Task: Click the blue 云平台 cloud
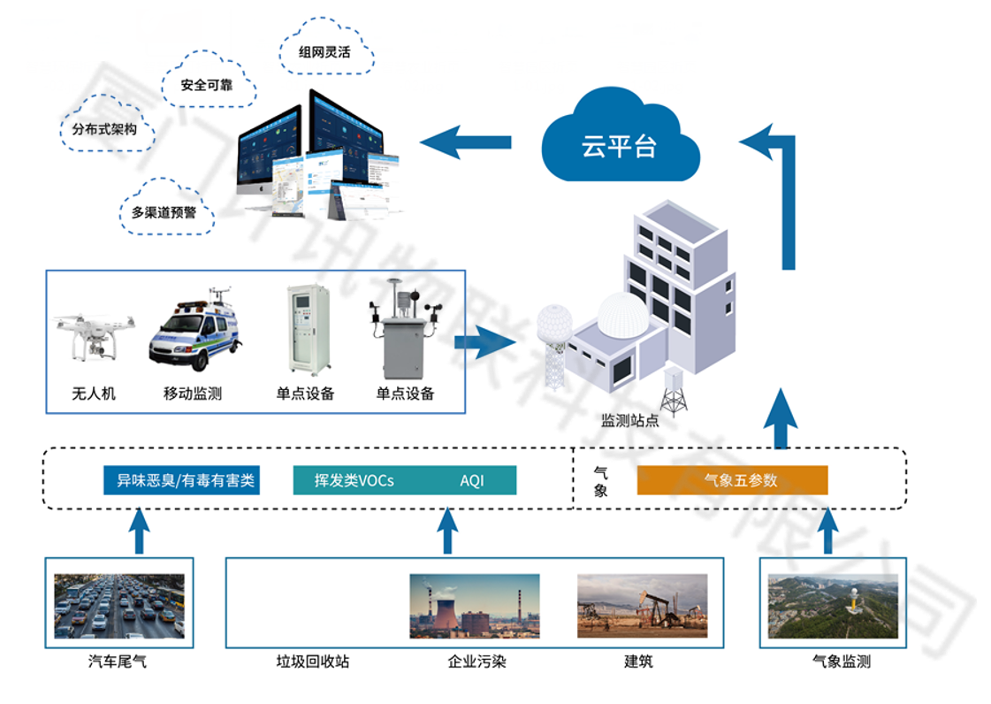tap(619, 142)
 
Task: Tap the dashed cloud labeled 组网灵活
tap(324, 51)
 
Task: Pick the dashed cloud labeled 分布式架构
tap(104, 129)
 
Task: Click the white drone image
tap(93, 333)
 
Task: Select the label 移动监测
tap(193, 394)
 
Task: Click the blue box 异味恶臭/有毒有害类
tap(181, 480)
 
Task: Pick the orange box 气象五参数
tap(732, 480)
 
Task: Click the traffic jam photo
tap(119, 606)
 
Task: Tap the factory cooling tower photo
tap(474, 606)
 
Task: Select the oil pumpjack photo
tap(642, 606)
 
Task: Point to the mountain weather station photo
tap(833, 606)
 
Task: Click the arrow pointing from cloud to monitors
tap(465, 142)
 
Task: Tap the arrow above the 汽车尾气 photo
tap(139, 531)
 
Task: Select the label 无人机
tap(94, 394)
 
